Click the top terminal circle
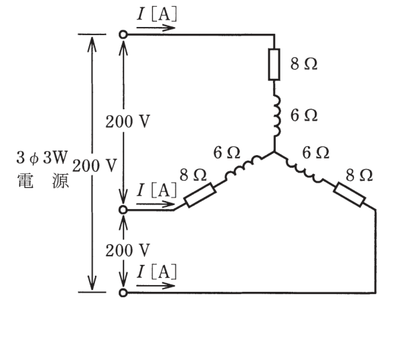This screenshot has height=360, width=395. [123, 34]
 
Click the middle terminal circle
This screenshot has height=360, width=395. [123, 210]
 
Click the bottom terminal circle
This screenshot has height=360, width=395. [123, 293]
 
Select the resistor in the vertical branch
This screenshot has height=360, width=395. [274, 65]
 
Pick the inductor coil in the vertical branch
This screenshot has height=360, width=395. [276, 115]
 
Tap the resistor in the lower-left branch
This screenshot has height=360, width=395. [200, 196]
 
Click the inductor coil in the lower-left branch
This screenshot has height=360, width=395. [243, 168]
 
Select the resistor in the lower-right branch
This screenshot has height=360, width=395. [349, 195]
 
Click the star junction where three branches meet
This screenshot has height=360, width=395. [274, 152]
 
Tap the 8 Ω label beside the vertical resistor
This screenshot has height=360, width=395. [303, 63]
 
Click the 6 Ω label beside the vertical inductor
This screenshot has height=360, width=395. [303, 115]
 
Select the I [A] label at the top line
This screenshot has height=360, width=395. [156, 14]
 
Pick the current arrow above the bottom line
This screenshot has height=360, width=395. [156, 286]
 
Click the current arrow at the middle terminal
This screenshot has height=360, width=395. [156, 204]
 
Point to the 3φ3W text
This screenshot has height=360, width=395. [42, 158]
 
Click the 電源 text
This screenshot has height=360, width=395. [43, 181]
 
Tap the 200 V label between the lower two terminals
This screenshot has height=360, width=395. [127, 251]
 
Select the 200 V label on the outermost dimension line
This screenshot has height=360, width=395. [94, 166]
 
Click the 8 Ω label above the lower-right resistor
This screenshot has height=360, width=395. [359, 175]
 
